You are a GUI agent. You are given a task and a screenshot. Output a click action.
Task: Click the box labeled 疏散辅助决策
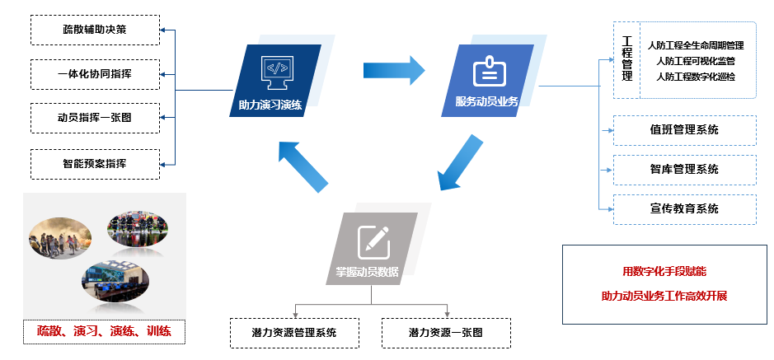pos(94,30)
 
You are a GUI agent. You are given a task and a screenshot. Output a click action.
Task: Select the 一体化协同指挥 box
pos(94,74)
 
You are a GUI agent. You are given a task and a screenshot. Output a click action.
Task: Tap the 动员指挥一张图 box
pos(94,118)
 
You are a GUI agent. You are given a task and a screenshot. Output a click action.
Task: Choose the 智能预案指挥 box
pos(94,163)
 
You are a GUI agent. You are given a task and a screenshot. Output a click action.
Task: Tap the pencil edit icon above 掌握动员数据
pos(373,239)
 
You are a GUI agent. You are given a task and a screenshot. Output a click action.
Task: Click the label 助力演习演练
pos(270,105)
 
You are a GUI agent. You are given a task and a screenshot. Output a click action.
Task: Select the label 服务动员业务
pos(486,101)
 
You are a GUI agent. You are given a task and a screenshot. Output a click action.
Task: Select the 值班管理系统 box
pos(684,130)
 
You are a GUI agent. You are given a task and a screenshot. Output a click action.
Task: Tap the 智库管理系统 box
pos(684,169)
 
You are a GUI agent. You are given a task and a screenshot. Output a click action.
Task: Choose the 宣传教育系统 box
pos(684,208)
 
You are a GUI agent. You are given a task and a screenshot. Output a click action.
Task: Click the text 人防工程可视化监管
pos(696,61)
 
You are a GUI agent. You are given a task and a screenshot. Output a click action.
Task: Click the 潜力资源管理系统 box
pos(294,333)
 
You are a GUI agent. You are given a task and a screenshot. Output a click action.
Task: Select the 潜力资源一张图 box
pos(446,333)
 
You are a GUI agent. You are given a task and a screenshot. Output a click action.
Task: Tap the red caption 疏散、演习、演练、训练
pos(104,332)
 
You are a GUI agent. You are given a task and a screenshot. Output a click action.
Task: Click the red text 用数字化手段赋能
pos(664,271)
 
